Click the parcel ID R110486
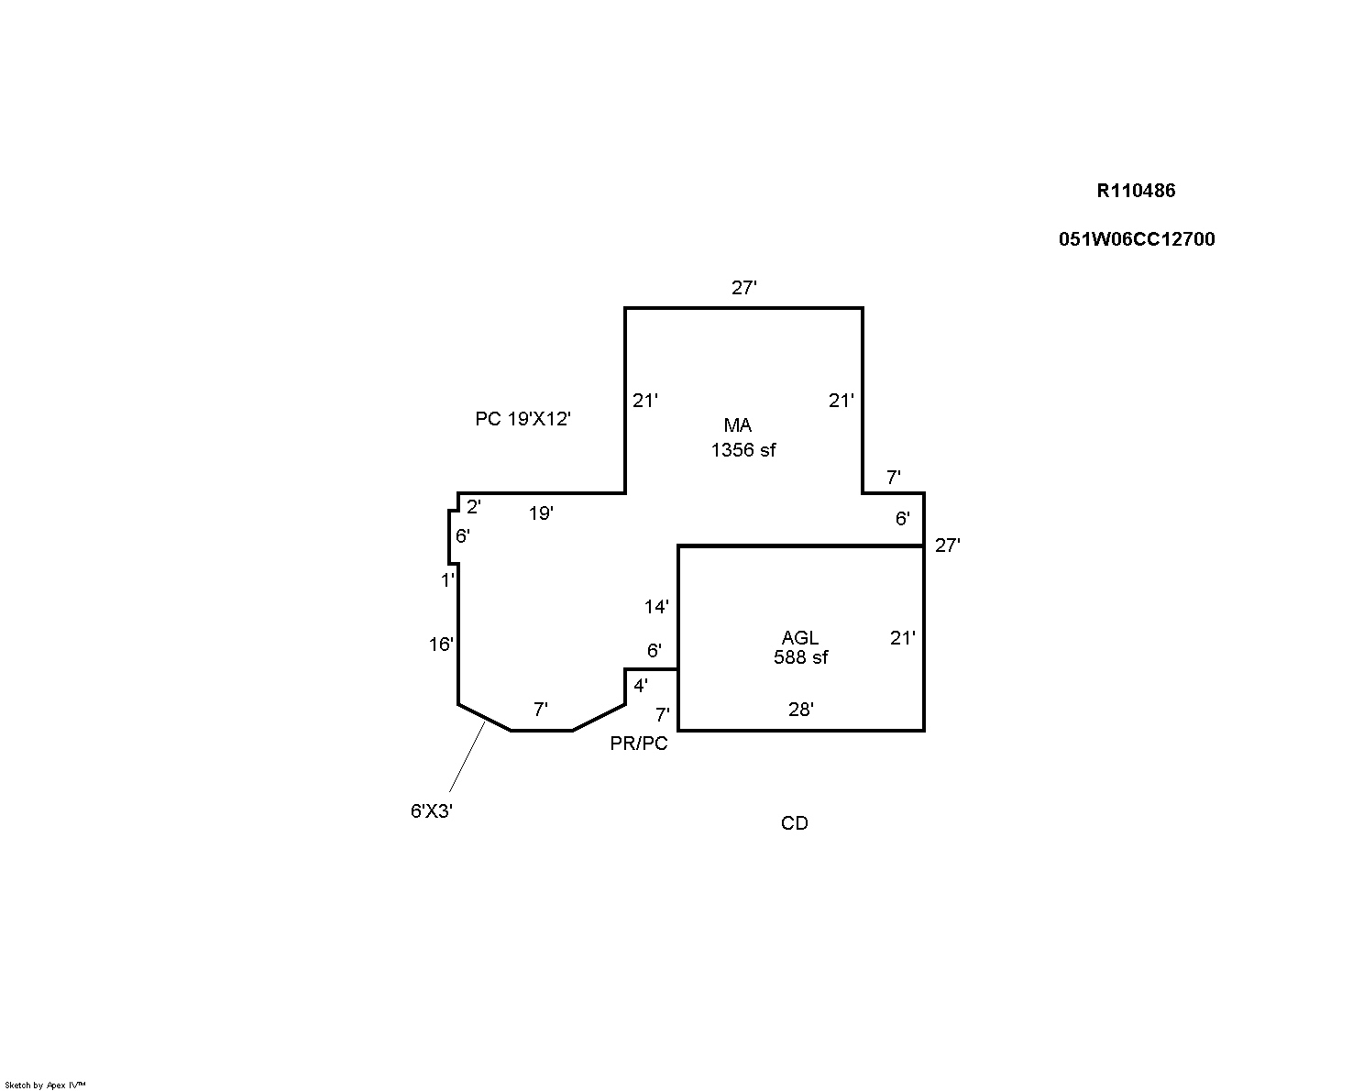[1135, 191]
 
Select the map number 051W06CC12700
[1137, 239]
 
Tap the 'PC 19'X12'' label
[522, 419]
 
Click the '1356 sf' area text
[742, 450]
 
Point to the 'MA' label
[738, 424]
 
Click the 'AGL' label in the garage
[800, 637]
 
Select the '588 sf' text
[800, 657]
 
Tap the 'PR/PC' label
[639, 744]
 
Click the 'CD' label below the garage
[794, 823]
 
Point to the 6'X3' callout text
[432, 810]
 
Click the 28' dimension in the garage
[801, 709]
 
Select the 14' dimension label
[656, 607]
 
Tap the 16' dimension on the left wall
[441, 645]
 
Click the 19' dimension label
[541, 513]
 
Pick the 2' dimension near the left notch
[474, 506]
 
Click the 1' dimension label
[447, 580]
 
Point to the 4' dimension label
[641, 685]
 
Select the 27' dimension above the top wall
[744, 288]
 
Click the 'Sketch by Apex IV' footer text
[45, 1085]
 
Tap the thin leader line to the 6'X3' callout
[467, 757]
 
